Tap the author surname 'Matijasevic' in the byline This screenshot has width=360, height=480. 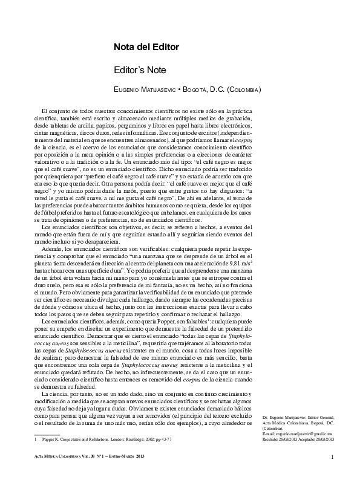point(160,90)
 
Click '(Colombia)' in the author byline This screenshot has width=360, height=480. point(242,90)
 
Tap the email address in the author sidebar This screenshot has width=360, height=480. point(298,417)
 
